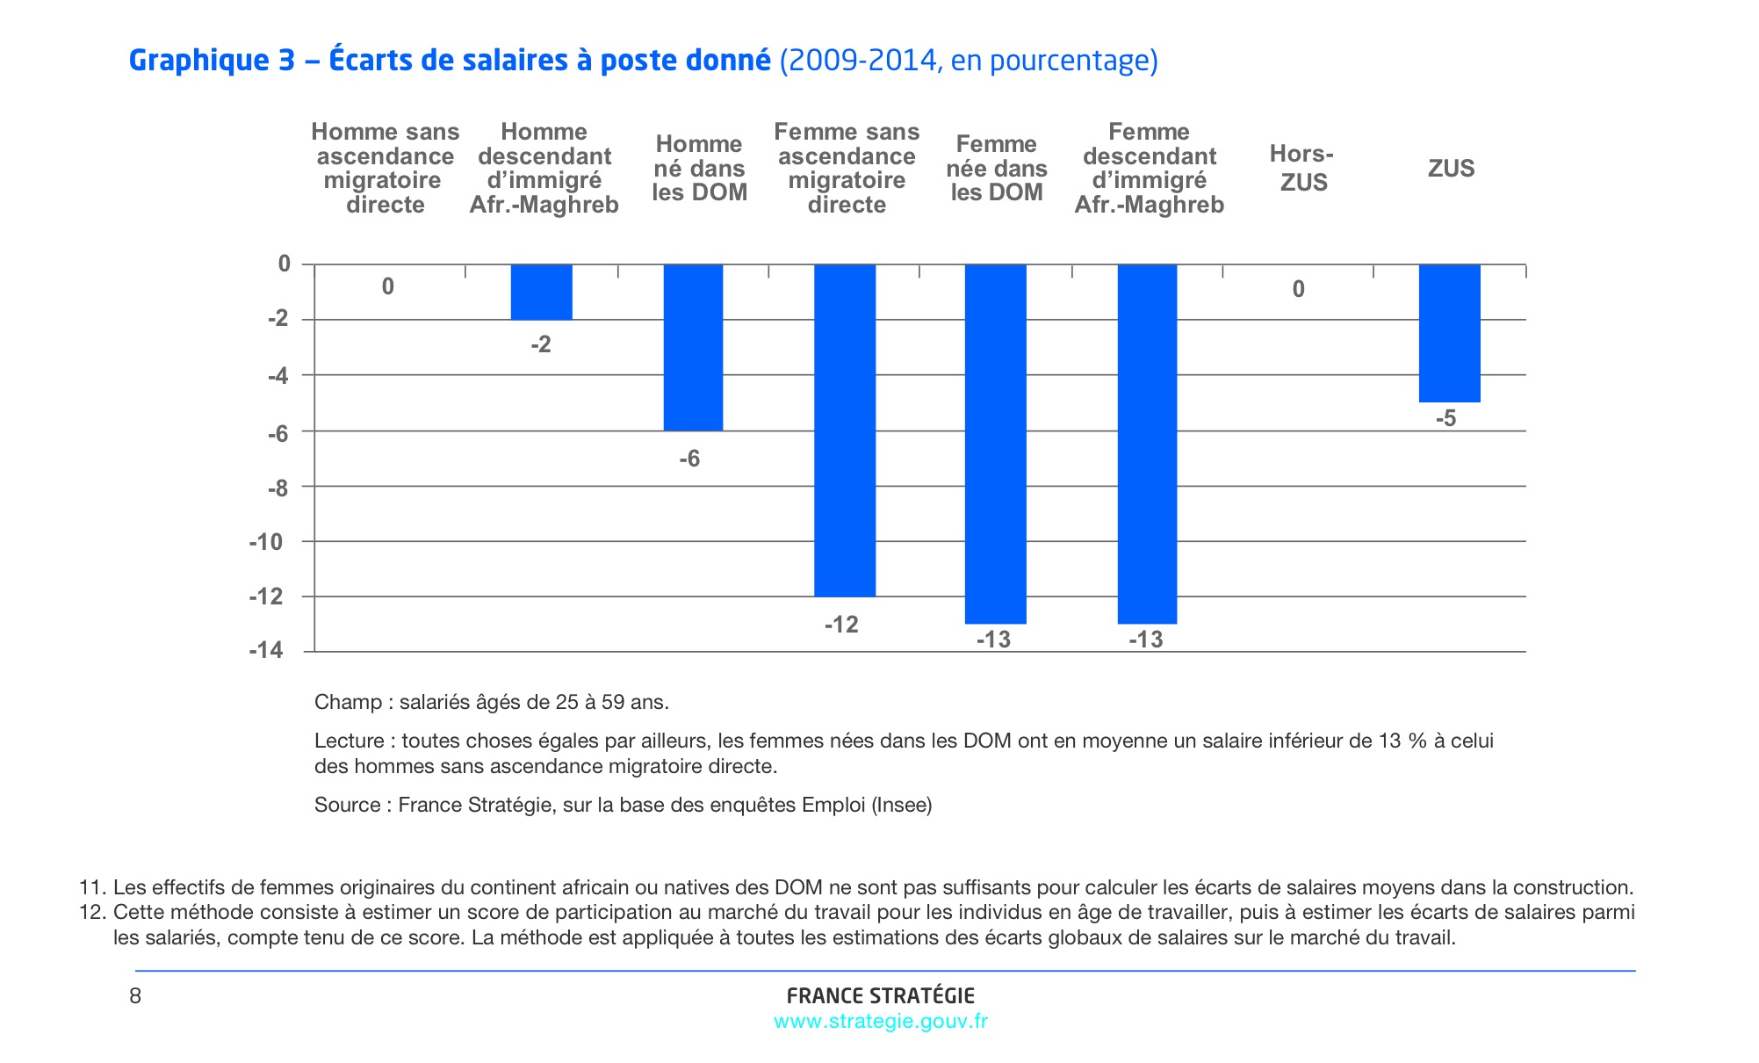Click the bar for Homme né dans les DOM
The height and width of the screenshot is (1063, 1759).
click(693, 347)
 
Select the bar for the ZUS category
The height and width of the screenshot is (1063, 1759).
click(1450, 333)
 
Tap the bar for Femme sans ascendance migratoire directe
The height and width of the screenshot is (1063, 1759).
click(845, 430)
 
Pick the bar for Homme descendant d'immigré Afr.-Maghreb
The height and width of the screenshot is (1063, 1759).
click(542, 292)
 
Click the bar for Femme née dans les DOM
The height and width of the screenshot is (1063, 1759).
click(995, 444)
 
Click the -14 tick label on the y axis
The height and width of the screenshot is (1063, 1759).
click(266, 651)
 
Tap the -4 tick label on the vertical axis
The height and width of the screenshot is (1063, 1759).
click(278, 376)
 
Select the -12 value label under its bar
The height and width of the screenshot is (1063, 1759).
click(841, 625)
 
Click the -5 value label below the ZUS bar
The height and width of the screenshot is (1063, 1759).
click(1445, 419)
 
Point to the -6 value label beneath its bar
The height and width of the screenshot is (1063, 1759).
click(689, 459)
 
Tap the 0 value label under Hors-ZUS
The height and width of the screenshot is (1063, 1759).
click(1298, 289)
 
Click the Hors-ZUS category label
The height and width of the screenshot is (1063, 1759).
click(1302, 168)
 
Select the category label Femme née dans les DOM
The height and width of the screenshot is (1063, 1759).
click(997, 168)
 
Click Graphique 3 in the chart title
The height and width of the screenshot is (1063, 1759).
click(211, 61)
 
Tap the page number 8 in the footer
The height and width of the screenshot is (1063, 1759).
click(135, 995)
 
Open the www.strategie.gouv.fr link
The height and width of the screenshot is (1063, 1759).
click(880, 1021)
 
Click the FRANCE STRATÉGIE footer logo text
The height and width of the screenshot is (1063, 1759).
click(880, 995)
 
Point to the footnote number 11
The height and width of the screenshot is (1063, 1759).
click(90, 887)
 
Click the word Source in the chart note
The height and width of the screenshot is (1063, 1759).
click(347, 805)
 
